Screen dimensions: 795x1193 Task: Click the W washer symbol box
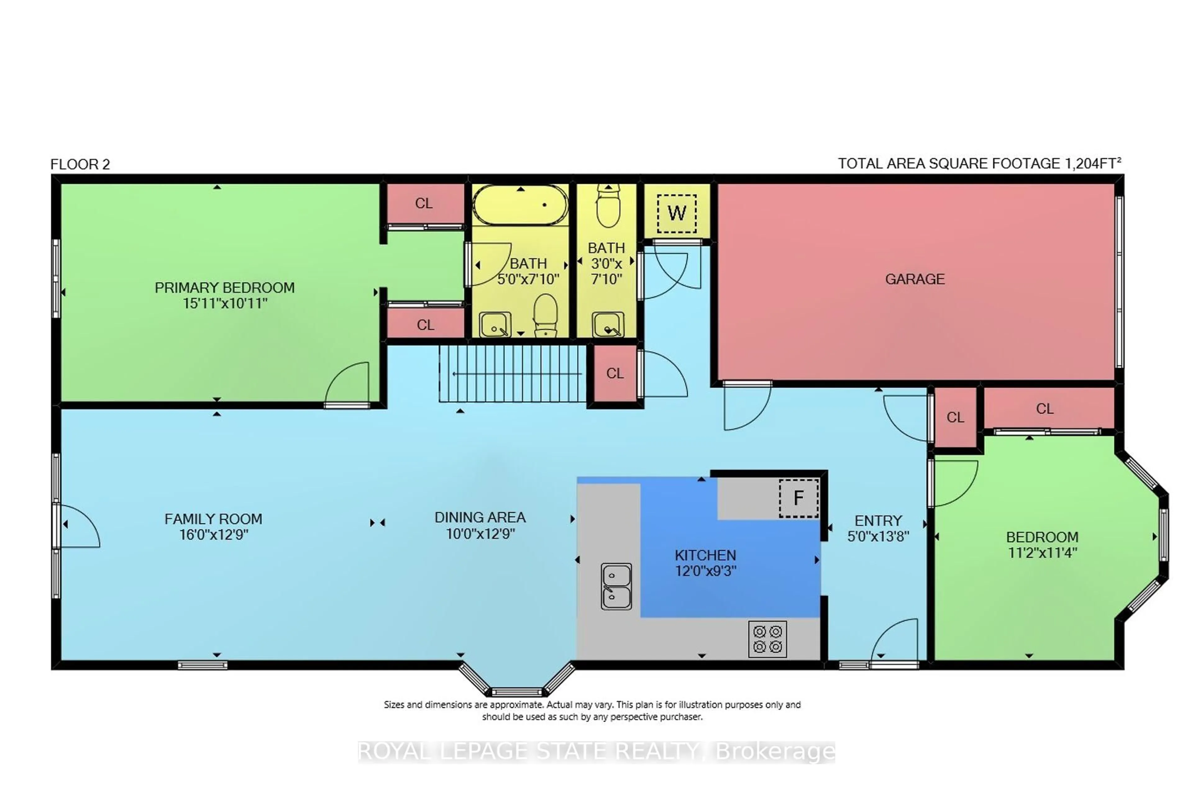click(x=677, y=213)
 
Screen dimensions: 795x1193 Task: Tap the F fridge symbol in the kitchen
click(x=798, y=498)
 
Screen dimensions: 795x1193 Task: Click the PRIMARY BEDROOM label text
click(x=224, y=288)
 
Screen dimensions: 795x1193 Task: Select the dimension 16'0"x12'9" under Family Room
click(x=213, y=535)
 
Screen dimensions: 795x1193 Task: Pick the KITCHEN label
click(x=705, y=555)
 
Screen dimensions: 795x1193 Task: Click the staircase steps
click(x=512, y=374)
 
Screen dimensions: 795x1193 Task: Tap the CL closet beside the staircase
click(x=615, y=374)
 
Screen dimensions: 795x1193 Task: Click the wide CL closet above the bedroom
click(x=1044, y=409)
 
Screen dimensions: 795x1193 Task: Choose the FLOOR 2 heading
click(x=80, y=164)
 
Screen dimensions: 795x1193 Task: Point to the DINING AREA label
click(x=480, y=518)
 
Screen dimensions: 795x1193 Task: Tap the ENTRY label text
click(x=878, y=521)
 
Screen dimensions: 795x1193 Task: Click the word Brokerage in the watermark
click(x=775, y=752)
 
